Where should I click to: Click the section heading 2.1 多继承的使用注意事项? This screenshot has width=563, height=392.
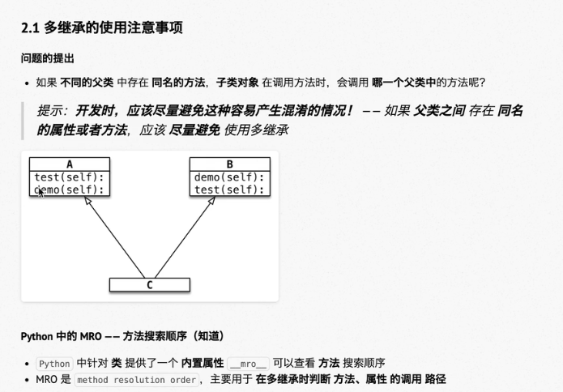pyautogui.click(x=101, y=28)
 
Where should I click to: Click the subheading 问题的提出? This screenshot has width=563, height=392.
pyautogui.click(x=47, y=59)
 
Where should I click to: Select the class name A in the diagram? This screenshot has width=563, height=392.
pyautogui.click(x=70, y=164)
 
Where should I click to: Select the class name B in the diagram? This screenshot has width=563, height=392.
pyautogui.click(x=230, y=164)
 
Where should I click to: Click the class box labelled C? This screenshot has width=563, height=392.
pyautogui.click(x=150, y=285)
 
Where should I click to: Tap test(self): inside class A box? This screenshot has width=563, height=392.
pyautogui.click(x=70, y=177)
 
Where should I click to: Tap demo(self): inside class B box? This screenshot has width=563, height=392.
pyautogui.click(x=230, y=177)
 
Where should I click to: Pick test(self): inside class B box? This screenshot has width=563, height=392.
pyautogui.click(x=230, y=190)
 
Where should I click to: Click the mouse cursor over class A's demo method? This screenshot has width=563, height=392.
pyautogui.click(x=40, y=192)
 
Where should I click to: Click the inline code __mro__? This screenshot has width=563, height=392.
pyautogui.click(x=248, y=363)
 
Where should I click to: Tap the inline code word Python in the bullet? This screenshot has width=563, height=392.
pyautogui.click(x=54, y=363)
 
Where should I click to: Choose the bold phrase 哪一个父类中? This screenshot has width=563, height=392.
pyautogui.click(x=403, y=82)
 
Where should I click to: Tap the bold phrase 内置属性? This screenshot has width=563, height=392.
pyautogui.click(x=203, y=363)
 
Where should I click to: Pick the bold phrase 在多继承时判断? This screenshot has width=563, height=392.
pyautogui.click(x=292, y=379)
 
